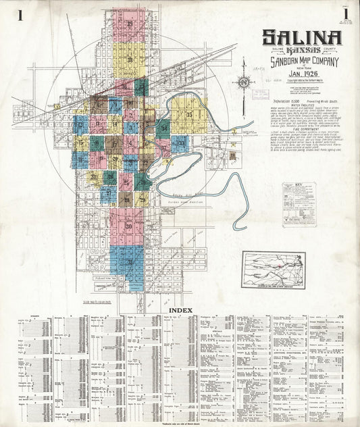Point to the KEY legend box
point(299,203)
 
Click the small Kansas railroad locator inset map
point(273,270)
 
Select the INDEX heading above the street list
point(181,310)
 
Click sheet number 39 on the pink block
point(129,24)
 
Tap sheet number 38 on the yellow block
point(129,59)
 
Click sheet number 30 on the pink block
point(128,226)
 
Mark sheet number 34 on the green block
point(164,127)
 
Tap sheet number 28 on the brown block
point(126,198)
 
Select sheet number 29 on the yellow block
point(142,199)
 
